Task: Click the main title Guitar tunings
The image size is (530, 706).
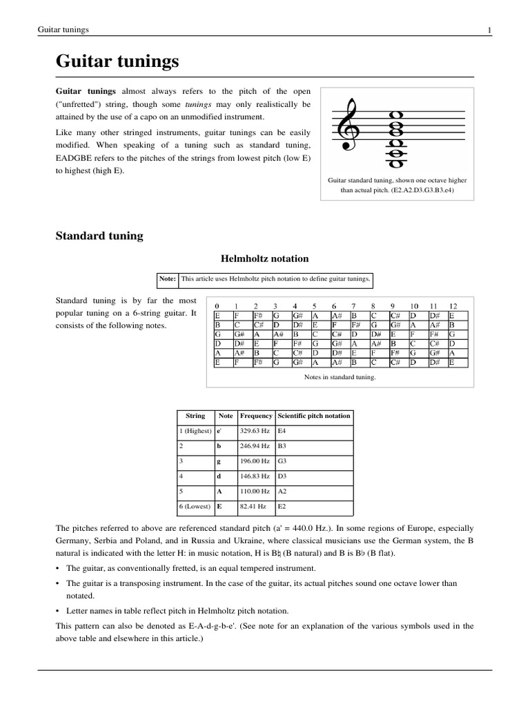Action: (x=117, y=62)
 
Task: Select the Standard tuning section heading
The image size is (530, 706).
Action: (x=99, y=236)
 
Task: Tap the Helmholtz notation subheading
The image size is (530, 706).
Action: (x=264, y=259)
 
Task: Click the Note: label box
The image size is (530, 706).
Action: (x=168, y=279)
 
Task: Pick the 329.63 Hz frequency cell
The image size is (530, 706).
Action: (x=253, y=431)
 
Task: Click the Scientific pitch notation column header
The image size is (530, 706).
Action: (x=314, y=416)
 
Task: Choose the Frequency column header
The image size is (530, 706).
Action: (x=255, y=416)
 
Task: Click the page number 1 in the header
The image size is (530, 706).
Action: (x=489, y=30)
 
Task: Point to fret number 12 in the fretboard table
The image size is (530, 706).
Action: (x=453, y=305)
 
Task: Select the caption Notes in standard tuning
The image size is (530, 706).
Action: (x=340, y=377)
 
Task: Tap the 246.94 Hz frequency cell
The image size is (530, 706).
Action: (x=253, y=446)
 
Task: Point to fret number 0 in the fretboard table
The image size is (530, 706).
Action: (x=217, y=305)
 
